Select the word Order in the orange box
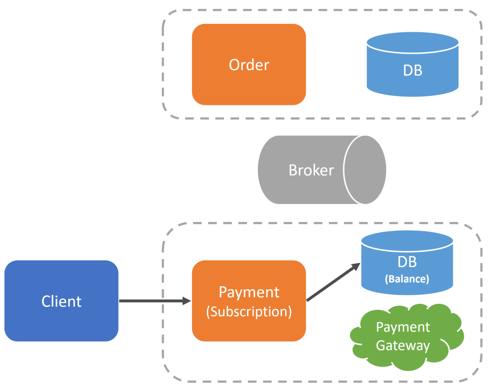point(249,65)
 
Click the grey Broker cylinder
point(299,187)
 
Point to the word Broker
point(311,170)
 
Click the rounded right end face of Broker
point(365,170)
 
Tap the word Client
point(61,301)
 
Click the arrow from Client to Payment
point(149,301)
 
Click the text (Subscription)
point(249,312)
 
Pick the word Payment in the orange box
point(249,292)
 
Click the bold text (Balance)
point(407,279)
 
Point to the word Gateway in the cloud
point(403,345)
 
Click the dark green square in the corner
point(17,24)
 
